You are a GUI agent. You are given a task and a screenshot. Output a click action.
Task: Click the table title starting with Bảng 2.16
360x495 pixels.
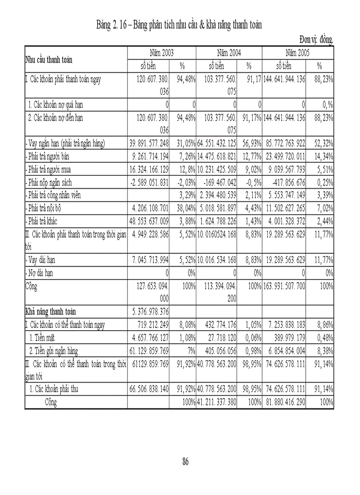coord(179,25)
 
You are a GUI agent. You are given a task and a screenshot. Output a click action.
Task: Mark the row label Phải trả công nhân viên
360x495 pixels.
coord(58,195)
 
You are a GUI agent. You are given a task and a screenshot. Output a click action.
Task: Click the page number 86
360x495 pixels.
coord(186,462)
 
